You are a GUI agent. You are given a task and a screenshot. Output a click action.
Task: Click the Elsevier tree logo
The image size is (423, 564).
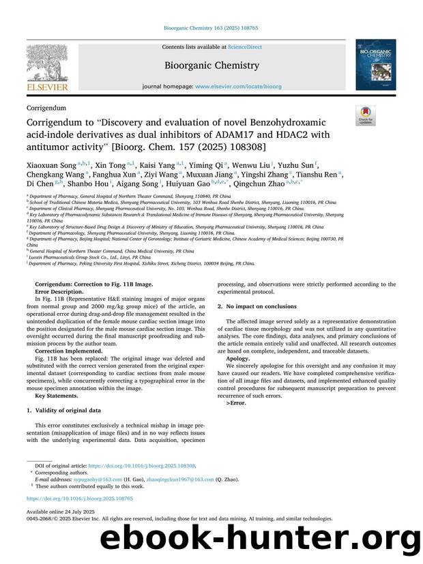47,65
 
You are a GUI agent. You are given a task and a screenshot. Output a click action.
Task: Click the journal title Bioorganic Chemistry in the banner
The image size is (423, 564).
211,65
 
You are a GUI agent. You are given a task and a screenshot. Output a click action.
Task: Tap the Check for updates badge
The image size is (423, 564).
366,115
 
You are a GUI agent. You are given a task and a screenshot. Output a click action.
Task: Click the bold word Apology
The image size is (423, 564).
238,357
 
